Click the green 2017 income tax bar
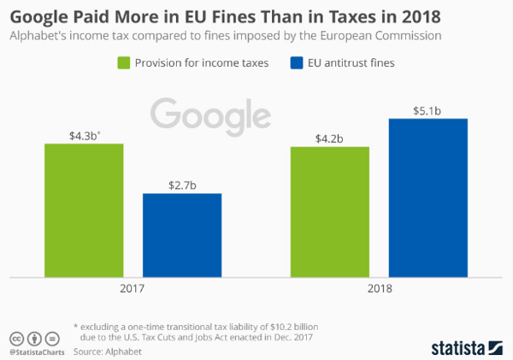coord(84,210)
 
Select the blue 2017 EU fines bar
coord(182,235)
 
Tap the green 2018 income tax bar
coord(330,212)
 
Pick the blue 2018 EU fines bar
coord(428,198)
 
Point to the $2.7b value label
coord(181,184)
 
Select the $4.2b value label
coord(330,137)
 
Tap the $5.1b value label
coord(428,109)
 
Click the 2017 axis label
coord(133,290)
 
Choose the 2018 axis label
coord(379,290)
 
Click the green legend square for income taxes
coord(123,62)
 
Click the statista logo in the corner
coord(467,345)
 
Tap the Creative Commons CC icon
coord(15,338)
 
